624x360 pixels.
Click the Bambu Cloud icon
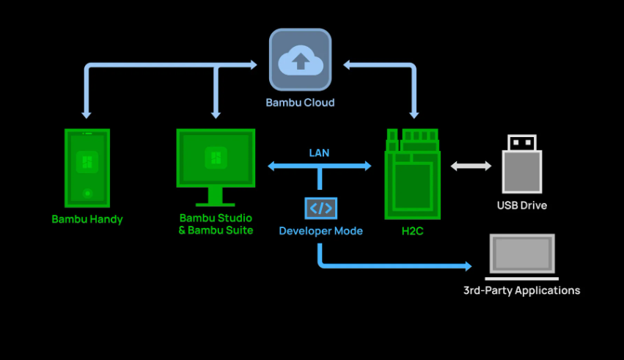coord(300,62)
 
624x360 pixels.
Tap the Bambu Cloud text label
coord(300,103)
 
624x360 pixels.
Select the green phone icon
coord(87,168)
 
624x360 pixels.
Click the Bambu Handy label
coord(87,219)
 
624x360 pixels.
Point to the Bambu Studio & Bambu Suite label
coord(216,224)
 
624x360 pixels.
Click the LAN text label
coord(319,153)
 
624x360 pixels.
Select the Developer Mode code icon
coord(320,208)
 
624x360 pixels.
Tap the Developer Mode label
coord(320,231)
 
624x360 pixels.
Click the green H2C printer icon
coord(413,174)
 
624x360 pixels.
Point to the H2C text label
coord(413,231)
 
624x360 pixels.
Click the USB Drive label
coord(521,205)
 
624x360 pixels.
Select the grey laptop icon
coord(522,257)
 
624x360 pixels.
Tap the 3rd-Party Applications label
coord(521,290)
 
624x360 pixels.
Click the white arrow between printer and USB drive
coord(471,166)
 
